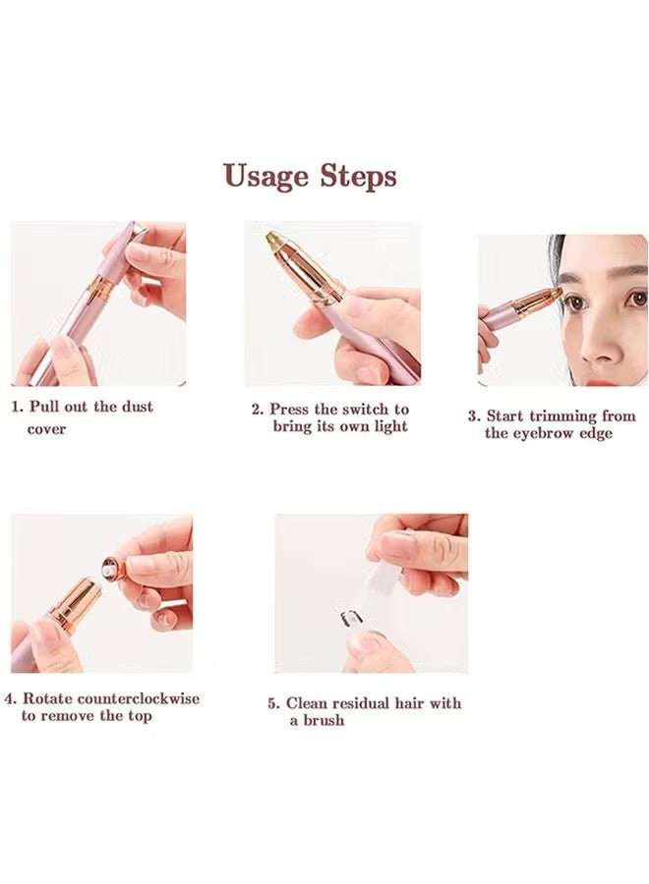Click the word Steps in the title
[x=358, y=177]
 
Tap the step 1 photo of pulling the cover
[x=97, y=304]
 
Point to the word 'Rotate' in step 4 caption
[x=45, y=699]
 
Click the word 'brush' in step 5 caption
[x=324, y=720]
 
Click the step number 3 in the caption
[x=472, y=416]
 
